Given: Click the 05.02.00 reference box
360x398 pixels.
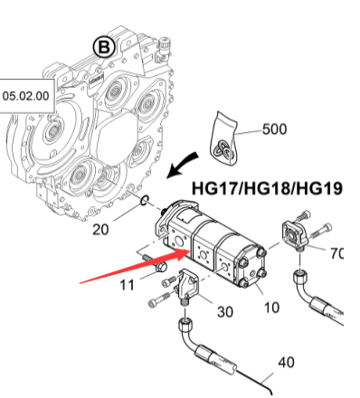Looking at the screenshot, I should pos(27,94).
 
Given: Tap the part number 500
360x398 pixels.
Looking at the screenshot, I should pos(274,129).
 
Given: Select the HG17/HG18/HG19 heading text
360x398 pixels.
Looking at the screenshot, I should pos(267,189).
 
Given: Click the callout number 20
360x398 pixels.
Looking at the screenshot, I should pos(101,229).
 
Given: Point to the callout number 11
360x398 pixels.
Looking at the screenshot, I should pos(128,285).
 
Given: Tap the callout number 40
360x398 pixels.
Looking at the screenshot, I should pos(285,362).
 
